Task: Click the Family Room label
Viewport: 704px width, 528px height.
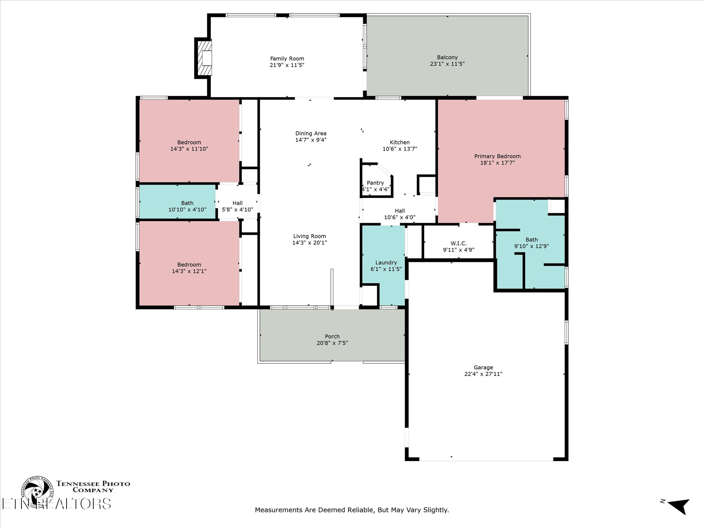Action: (x=287, y=59)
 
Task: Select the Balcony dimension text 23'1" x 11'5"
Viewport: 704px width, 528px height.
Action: (x=447, y=64)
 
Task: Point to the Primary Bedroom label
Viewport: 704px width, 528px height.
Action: (x=497, y=156)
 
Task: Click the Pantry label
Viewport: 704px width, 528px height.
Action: (x=375, y=183)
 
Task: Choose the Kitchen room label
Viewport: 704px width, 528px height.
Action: (x=400, y=143)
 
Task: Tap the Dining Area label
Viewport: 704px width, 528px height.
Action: (x=311, y=133)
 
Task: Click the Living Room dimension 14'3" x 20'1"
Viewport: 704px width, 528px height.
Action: (x=309, y=243)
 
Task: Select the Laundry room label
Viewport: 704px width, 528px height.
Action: (x=386, y=263)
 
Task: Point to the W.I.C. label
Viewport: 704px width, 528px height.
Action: (x=459, y=244)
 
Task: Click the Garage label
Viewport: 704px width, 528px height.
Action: (x=483, y=367)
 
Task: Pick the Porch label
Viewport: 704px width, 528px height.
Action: (x=332, y=337)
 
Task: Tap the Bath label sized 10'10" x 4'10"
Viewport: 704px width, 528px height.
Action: (x=187, y=203)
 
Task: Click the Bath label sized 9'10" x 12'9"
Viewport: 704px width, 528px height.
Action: (x=532, y=240)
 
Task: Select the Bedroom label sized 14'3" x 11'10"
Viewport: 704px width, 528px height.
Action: (x=189, y=143)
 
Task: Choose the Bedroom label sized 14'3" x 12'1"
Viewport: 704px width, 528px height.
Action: (x=189, y=265)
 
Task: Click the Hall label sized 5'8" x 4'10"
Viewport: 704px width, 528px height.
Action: (x=238, y=203)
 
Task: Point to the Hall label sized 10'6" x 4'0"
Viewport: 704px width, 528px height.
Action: (x=400, y=211)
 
